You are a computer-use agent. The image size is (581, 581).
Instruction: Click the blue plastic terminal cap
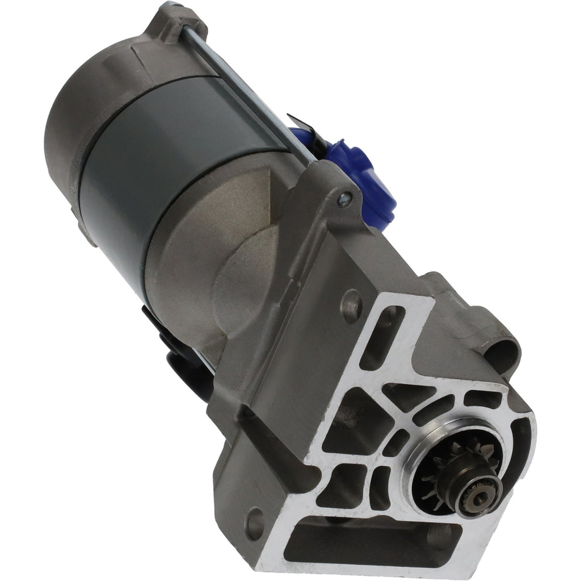point(372,182)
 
